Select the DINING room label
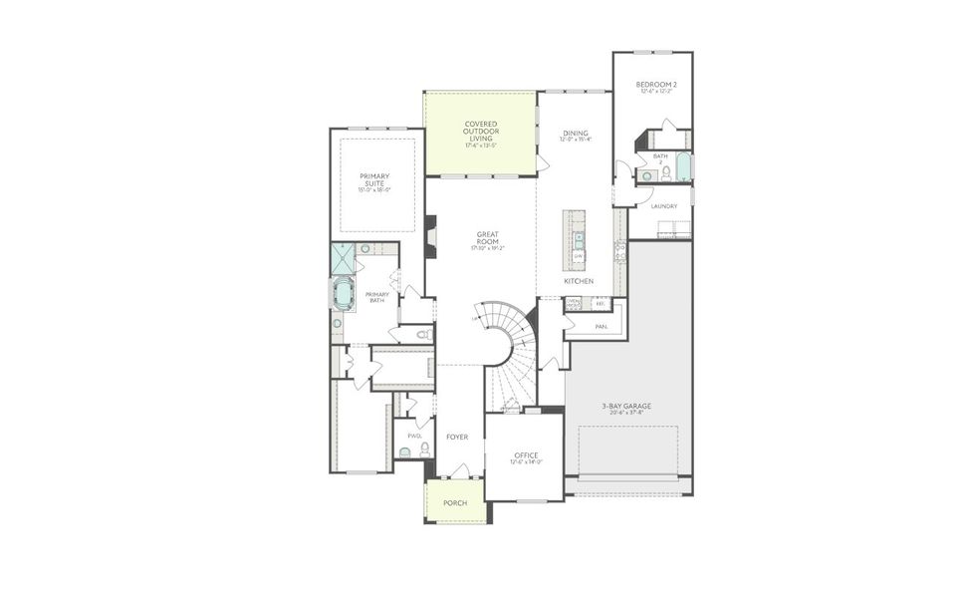pyautogui.click(x=576, y=133)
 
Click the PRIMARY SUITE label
pyautogui.click(x=374, y=179)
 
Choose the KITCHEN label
pyautogui.click(x=579, y=281)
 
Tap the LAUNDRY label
pyautogui.click(x=663, y=206)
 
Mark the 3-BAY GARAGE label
pyautogui.click(x=625, y=406)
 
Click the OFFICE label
pyautogui.click(x=526, y=454)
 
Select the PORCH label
pyautogui.click(x=455, y=503)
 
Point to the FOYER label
pyautogui.click(x=457, y=437)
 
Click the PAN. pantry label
pyautogui.click(x=602, y=326)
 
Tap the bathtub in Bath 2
pyautogui.click(x=684, y=166)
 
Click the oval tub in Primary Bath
pyautogui.click(x=346, y=295)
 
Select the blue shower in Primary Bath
pyautogui.click(x=343, y=258)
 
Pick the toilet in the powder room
pyautogui.click(x=425, y=450)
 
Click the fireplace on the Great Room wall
pyautogui.click(x=430, y=237)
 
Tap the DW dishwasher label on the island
pyautogui.click(x=578, y=256)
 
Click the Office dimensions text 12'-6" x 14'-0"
pyautogui.click(x=526, y=462)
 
